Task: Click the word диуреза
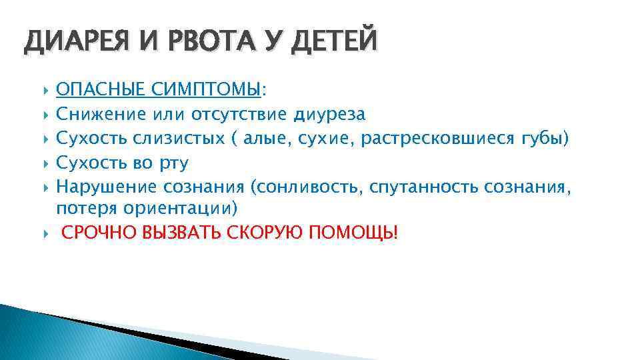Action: (x=329, y=114)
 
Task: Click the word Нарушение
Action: (x=106, y=187)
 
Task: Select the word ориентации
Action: (x=176, y=209)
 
